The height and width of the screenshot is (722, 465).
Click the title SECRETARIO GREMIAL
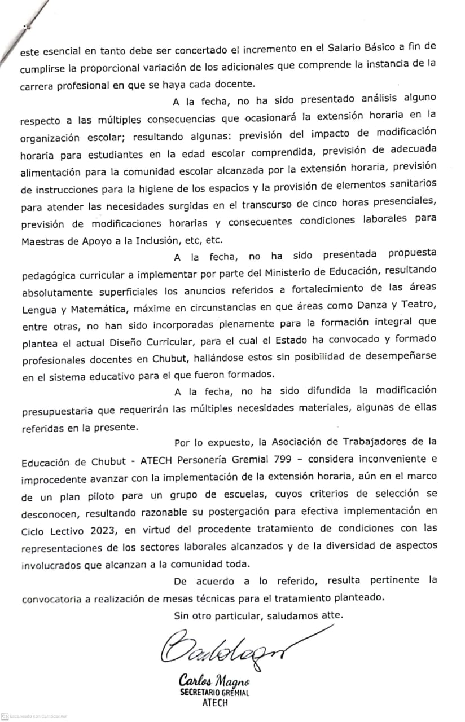(x=214, y=693)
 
